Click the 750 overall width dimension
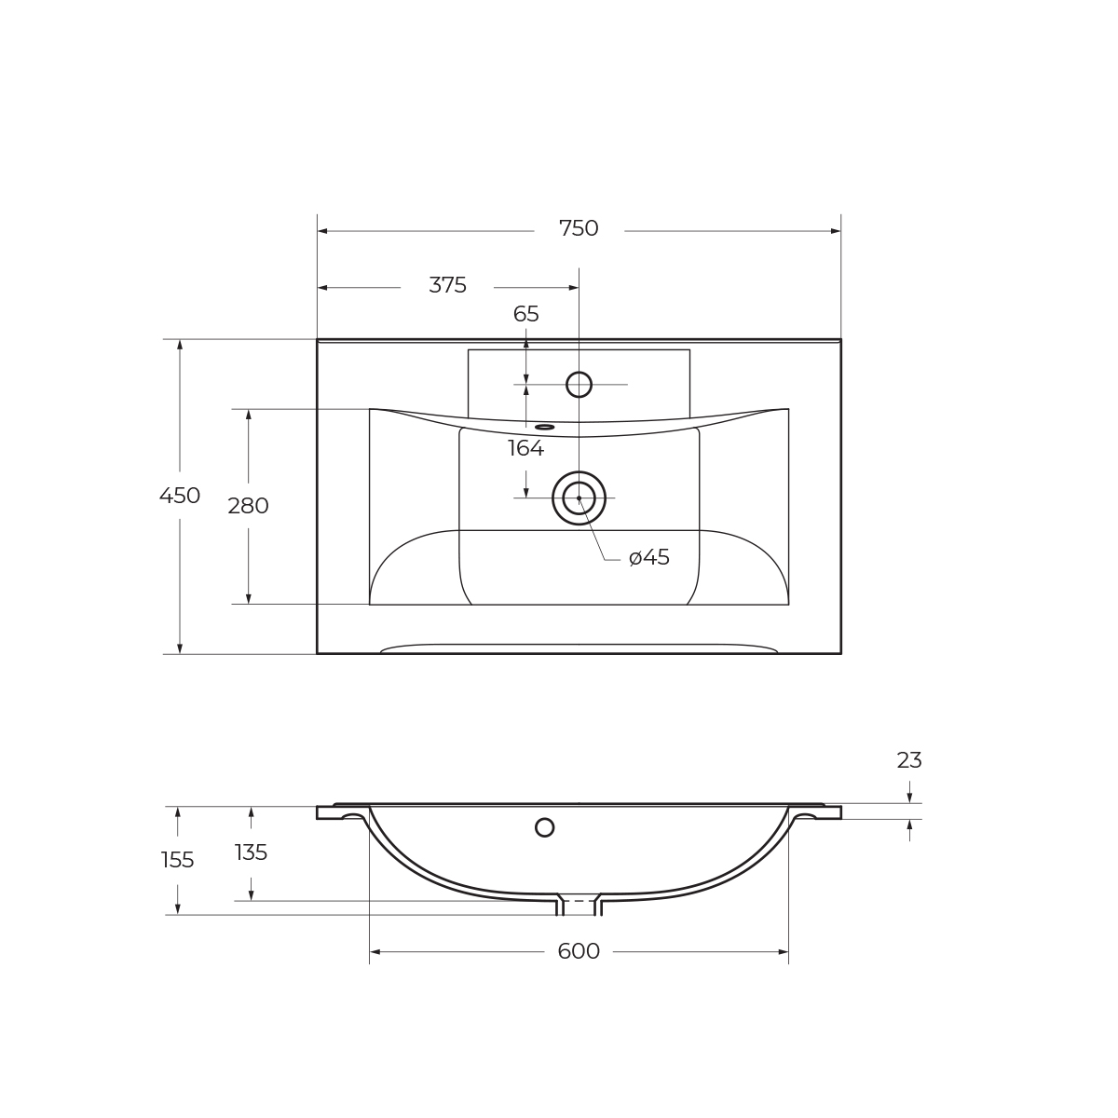(579, 229)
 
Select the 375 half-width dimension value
(447, 286)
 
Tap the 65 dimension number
(526, 315)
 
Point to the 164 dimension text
(526, 449)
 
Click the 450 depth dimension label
(180, 497)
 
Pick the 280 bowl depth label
(248, 507)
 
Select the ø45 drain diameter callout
(649, 558)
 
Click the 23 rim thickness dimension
(909, 761)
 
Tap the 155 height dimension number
(178, 861)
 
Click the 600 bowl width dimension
(579, 952)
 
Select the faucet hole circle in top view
(579, 385)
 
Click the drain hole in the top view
(579, 498)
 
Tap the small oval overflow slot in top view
(545, 428)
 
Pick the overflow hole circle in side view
(545, 827)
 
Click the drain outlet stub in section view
(579, 905)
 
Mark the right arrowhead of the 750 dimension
(836, 231)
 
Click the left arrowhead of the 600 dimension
(375, 952)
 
